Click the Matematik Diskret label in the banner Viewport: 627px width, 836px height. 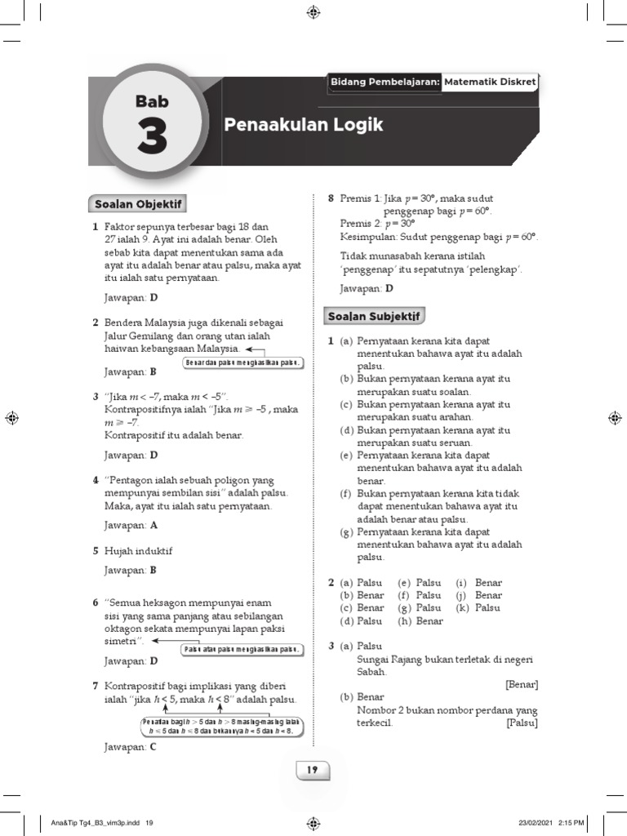point(490,82)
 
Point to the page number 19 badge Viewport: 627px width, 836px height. point(313,770)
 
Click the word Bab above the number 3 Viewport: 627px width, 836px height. point(152,101)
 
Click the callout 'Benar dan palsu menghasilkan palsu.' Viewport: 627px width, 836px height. point(244,362)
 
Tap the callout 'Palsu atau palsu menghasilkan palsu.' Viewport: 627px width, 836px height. point(242,650)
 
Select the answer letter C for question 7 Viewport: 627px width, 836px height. point(153,746)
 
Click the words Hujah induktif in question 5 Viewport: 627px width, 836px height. point(139,551)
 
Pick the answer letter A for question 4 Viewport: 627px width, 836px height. point(153,526)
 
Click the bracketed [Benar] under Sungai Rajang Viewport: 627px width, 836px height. point(522,684)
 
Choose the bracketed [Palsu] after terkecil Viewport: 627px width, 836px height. point(522,723)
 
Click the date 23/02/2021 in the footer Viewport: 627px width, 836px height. point(533,823)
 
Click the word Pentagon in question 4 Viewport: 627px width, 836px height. point(134,480)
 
